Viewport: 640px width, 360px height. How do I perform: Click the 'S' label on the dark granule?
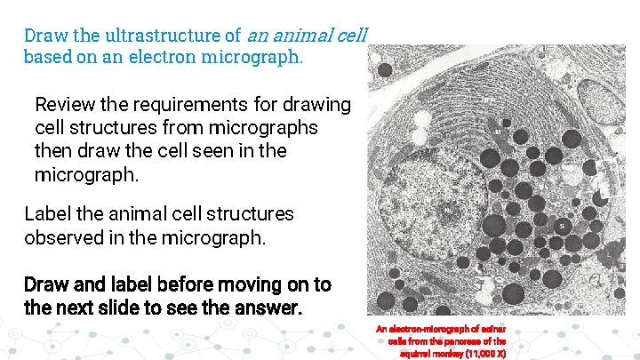[x=561, y=228]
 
